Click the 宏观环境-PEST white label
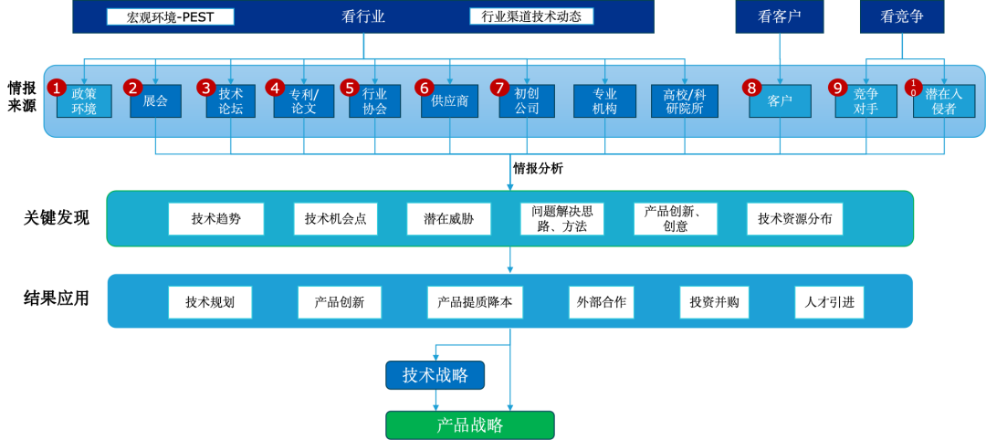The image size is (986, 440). [171, 16]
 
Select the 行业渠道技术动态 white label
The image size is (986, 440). [531, 16]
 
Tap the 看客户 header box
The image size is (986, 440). [780, 16]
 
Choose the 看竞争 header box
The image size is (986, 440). [902, 16]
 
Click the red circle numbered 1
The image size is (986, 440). [58, 88]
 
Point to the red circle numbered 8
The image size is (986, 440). [751, 88]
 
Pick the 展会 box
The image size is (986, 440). [155, 101]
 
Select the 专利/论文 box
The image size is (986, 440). [304, 101]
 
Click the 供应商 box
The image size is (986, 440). [450, 101]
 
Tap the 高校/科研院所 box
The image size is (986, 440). [685, 101]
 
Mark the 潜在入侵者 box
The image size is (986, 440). [944, 101]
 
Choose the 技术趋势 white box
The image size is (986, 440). [216, 219]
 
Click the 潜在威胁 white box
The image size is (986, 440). [448, 219]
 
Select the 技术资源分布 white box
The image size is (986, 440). [794, 219]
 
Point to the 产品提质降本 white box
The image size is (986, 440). [475, 302]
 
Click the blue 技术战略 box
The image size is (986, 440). [435, 375]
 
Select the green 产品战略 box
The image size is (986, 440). [470, 425]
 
